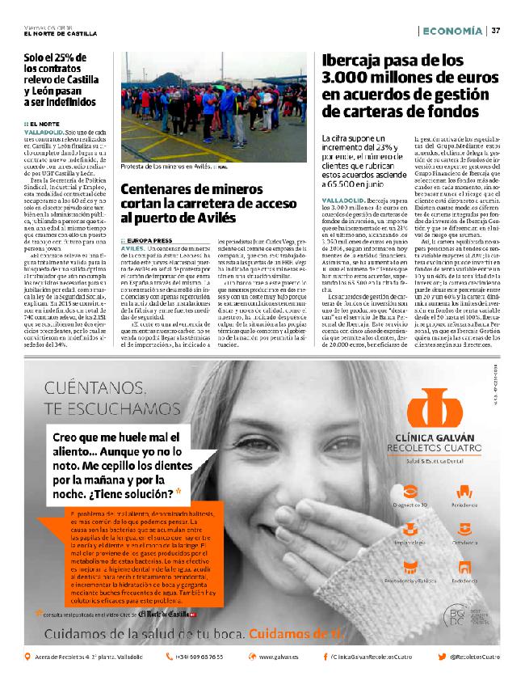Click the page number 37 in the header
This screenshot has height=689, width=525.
(x=497, y=31)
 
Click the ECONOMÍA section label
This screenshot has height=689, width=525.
(x=453, y=31)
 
